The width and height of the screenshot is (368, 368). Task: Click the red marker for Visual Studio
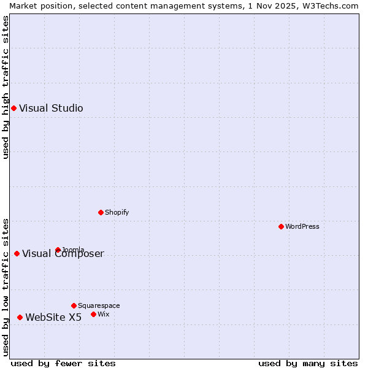(13, 109)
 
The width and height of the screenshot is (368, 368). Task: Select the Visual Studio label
(51, 109)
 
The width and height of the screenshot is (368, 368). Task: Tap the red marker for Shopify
(101, 212)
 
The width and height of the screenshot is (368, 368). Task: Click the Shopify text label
(117, 212)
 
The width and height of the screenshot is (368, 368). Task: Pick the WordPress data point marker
(281, 226)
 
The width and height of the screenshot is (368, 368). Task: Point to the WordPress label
(302, 226)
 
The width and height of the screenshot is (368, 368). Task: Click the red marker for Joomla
(58, 250)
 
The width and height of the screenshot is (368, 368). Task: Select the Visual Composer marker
(17, 254)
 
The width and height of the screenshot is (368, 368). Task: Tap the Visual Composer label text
(63, 254)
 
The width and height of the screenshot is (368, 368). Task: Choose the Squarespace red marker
(74, 305)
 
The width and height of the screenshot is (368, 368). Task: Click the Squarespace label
(99, 305)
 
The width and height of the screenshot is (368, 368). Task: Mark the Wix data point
(93, 314)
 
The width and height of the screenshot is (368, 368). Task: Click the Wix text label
(104, 314)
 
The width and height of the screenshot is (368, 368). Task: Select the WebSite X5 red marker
(20, 317)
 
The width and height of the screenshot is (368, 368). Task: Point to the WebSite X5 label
(53, 317)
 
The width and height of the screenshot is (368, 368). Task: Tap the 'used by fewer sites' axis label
(63, 363)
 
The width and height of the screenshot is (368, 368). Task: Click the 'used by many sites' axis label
(308, 363)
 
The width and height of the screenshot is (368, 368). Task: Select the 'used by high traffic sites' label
(6, 87)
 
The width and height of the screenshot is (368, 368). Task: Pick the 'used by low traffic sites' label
(6, 287)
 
